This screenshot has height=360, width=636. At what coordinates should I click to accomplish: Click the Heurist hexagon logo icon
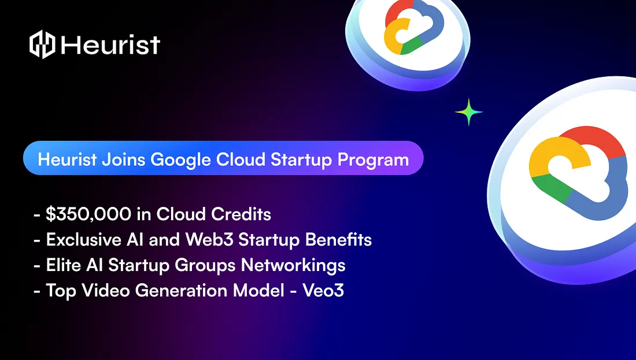pyautogui.click(x=42, y=44)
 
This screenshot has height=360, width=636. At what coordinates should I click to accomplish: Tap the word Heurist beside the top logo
pyautogui.click(x=110, y=44)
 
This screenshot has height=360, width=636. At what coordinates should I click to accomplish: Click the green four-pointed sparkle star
pyautogui.click(x=469, y=112)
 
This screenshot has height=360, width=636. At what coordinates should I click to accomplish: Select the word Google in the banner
pyautogui.click(x=181, y=159)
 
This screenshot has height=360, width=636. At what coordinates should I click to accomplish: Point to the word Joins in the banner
pyautogui.click(x=123, y=159)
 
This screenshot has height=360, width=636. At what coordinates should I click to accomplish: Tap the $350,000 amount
pyautogui.click(x=88, y=214)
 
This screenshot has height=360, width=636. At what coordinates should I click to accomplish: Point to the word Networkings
pyautogui.click(x=293, y=265)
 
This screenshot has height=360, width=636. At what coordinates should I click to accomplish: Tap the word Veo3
pyautogui.click(x=323, y=291)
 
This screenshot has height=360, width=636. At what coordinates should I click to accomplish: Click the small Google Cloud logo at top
pyautogui.click(x=408, y=28)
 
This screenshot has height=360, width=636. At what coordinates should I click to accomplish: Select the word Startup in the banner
pyautogui.click(x=301, y=159)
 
